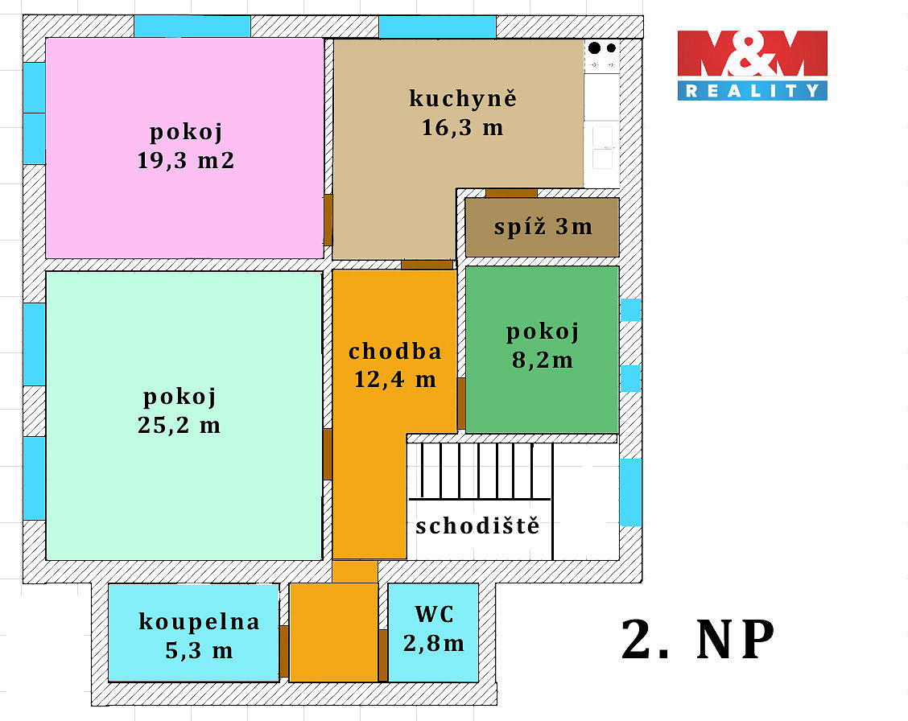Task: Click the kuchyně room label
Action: click(x=463, y=98)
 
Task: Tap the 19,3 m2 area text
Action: click(x=186, y=160)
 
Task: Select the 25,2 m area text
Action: click(x=180, y=426)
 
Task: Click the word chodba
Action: click(x=395, y=351)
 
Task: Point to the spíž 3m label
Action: click(x=543, y=227)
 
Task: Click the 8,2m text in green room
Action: click(x=543, y=360)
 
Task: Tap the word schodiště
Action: click(x=477, y=526)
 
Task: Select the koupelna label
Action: click(x=199, y=622)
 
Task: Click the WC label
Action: click(x=435, y=615)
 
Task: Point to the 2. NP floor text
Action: click(x=698, y=640)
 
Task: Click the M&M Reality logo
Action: click(x=752, y=65)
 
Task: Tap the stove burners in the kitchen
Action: click(x=602, y=48)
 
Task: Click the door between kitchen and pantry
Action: click(x=511, y=193)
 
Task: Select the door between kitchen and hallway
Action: click(x=427, y=265)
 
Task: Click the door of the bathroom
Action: click(x=283, y=651)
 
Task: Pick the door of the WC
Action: click(x=383, y=655)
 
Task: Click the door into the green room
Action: click(x=461, y=403)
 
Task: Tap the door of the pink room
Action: click(x=328, y=220)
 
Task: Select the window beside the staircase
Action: click(x=630, y=492)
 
